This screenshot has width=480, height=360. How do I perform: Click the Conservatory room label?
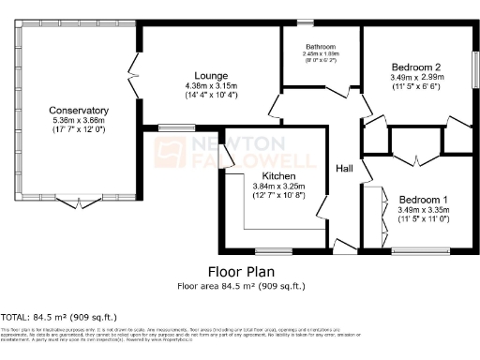pyautogui.click(x=80, y=111)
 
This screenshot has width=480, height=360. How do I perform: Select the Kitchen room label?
pyautogui.click(x=279, y=176)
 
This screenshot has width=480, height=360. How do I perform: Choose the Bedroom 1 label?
pyautogui.click(x=424, y=200)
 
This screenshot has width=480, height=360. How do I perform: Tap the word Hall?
pyautogui.click(x=344, y=169)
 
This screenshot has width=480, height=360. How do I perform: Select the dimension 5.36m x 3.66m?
pyautogui.click(x=80, y=121)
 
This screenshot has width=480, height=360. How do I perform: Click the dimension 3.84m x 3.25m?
pyautogui.click(x=279, y=187)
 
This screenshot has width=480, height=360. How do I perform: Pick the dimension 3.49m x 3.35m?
pyautogui.click(x=424, y=210)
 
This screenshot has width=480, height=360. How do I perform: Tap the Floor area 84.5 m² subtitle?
pyautogui.click(x=241, y=285)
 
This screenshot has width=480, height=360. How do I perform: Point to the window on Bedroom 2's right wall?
pyautogui.click(x=474, y=70)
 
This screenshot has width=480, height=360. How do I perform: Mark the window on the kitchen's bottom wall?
pyautogui.click(x=272, y=250)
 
